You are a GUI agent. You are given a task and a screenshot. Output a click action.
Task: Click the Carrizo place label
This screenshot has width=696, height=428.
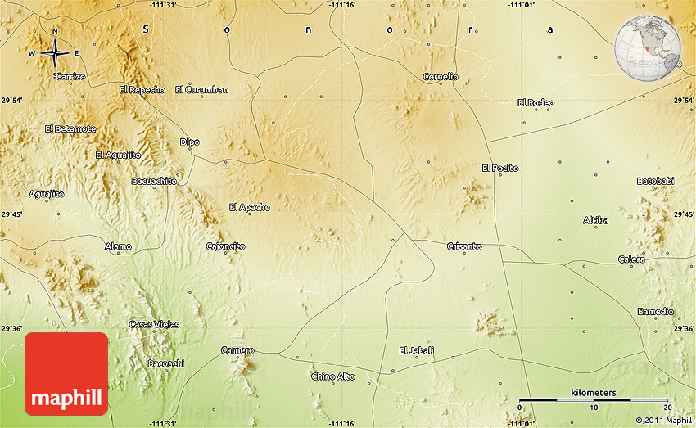(70, 76)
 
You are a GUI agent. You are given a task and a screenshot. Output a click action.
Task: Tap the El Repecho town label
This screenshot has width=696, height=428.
(142, 90)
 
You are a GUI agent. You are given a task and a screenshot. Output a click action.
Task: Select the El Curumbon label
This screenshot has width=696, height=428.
(201, 90)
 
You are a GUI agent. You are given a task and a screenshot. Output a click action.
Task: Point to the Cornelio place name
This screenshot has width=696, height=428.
(441, 77)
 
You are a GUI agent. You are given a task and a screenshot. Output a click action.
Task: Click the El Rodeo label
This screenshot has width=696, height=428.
(536, 103)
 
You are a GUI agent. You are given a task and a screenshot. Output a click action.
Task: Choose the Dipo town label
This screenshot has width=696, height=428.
(189, 142)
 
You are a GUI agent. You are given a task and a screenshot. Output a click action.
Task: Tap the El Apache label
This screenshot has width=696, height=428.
(249, 208)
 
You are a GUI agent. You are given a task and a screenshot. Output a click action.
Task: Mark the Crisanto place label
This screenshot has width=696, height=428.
(464, 246)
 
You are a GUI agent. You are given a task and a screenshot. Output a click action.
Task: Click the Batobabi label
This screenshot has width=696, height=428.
(655, 181)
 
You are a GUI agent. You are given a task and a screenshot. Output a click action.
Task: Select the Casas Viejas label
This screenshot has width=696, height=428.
(154, 325)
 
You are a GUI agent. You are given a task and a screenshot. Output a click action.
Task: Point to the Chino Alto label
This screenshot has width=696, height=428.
(333, 376)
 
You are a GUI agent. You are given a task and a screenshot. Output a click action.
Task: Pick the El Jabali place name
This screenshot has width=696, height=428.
(416, 351)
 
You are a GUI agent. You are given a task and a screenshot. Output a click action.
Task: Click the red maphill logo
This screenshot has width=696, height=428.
(66, 374)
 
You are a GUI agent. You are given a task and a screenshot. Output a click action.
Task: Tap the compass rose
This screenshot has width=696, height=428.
(55, 53)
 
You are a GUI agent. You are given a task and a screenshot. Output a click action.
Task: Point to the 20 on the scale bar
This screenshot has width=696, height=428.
(667, 408)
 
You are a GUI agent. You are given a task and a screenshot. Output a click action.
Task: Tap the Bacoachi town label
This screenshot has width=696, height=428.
(165, 363)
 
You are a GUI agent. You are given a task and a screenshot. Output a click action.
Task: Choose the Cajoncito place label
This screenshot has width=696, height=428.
(225, 246)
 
